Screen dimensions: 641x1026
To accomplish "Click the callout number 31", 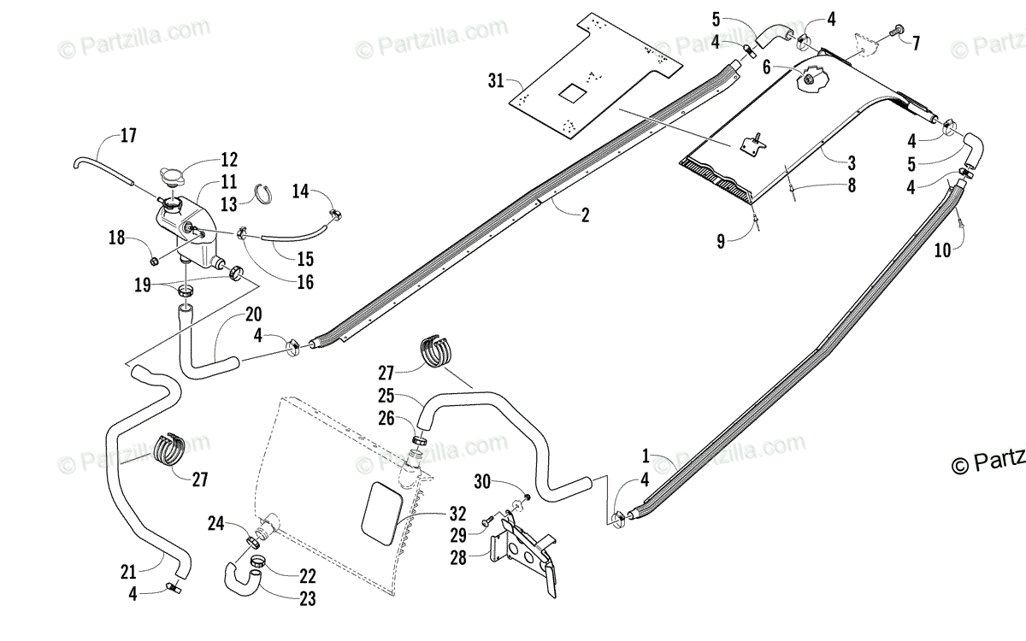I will [x=495, y=81].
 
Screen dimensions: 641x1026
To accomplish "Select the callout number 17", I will [x=128, y=135].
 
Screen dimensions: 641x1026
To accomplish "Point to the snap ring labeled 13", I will [x=266, y=195].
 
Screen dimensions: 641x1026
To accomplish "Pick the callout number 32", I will [x=458, y=515].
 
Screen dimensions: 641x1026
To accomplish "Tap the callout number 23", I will [x=307, y=598].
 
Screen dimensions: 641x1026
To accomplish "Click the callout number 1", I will [x=646, y=456].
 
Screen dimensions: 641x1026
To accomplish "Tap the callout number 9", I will [x=721, y=242].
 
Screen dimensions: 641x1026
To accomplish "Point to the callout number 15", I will [x=306, y=259].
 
